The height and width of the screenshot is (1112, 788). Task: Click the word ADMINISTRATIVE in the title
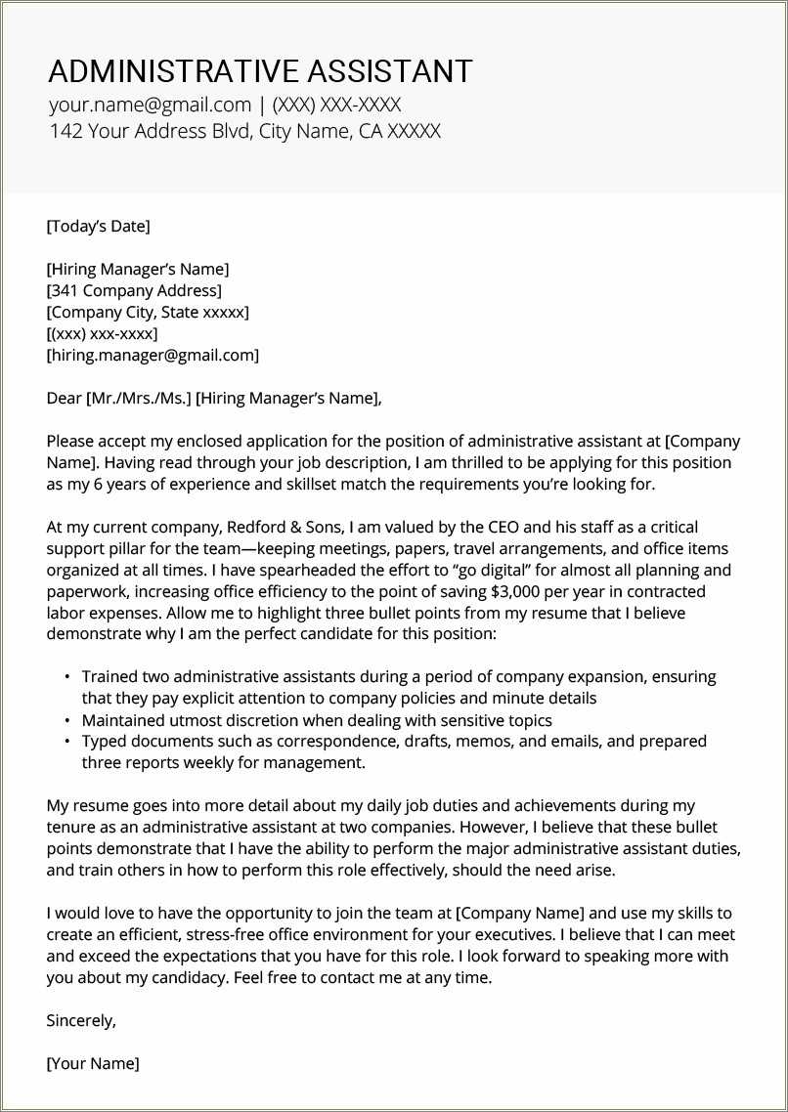pos(173,71)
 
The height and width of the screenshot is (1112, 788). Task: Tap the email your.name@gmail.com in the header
pos(150,106)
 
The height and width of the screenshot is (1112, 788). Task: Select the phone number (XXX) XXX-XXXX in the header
pos(336,106)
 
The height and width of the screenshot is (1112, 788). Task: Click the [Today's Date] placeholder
pos(98,227)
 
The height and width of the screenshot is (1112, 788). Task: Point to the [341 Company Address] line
pos(134,290)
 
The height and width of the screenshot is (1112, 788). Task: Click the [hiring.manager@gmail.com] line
pos(153,356)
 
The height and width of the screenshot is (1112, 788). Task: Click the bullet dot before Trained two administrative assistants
pos(66,677)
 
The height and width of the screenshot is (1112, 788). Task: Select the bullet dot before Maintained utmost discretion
pos(66,720)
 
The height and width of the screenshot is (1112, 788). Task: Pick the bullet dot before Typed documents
pos(66,742)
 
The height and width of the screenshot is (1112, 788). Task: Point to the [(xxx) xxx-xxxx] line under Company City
pos(102,334)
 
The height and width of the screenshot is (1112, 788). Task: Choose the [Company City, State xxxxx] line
pos(148,313)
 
